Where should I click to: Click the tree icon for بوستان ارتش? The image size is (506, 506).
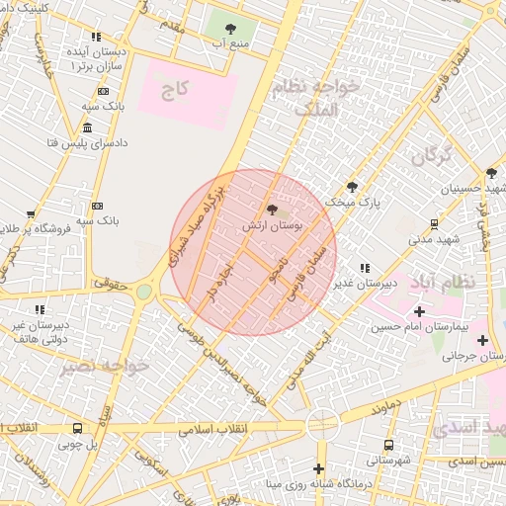(272, 209)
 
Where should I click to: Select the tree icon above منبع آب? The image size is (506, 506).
(231, 29)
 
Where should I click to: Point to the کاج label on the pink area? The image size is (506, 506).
(175, 90)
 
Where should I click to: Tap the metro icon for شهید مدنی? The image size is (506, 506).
(433, 224)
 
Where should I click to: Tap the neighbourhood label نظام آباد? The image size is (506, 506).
(447, 282)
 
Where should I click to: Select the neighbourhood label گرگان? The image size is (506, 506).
(431, 155)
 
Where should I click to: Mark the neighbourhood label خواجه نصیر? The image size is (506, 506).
(104, 367)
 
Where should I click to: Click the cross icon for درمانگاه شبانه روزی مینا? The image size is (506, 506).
(318, 468)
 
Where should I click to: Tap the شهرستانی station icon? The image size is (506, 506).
(388, 446)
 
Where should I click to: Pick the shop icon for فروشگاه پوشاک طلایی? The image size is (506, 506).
(32, 213)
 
